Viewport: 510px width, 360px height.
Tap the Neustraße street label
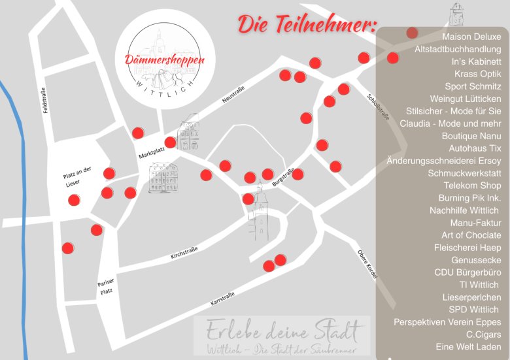233,95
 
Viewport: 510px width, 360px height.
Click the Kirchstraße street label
185,252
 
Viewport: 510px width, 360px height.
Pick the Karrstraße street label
223,300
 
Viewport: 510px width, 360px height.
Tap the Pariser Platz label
105,287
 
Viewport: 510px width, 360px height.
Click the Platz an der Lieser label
78,177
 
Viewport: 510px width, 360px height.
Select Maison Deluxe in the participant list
471,37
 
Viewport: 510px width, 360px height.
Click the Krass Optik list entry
477,74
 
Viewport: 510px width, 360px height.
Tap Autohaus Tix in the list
475,148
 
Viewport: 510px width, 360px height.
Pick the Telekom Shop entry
472,186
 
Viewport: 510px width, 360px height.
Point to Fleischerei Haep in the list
467,248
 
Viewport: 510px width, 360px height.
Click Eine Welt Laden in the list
468,347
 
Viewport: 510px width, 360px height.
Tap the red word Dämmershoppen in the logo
164,60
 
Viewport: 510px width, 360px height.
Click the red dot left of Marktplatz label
138,133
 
